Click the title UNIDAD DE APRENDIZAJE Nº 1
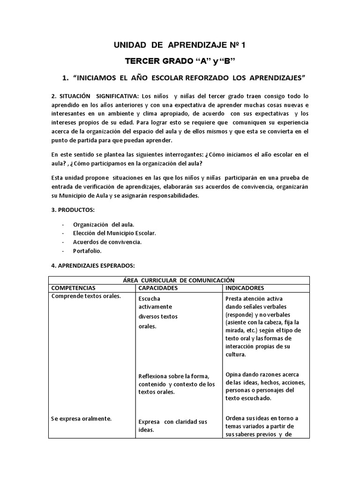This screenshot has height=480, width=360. tap(180, 45)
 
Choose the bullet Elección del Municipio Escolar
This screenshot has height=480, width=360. tap(114, 233)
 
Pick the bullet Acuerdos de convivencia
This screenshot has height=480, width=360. tap(107, 242)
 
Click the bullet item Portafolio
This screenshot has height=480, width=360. tap(87, 251)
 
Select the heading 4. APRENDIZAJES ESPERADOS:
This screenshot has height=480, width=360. tap(92, 266)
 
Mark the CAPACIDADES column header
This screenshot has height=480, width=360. tap(158, 287)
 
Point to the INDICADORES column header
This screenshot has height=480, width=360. tap(244, 287)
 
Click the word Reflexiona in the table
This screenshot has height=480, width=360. tap(154, 376)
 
